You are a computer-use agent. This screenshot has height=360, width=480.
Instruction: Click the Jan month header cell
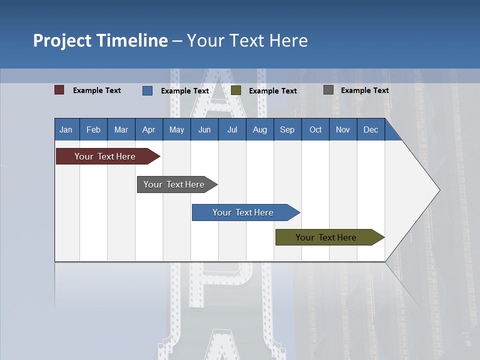coord(66,129)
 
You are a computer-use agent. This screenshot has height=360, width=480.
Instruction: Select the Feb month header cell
coord(93,129)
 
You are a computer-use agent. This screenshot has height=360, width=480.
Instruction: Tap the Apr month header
coord(149,129)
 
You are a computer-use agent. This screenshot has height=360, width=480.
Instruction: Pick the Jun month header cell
coord(204,129)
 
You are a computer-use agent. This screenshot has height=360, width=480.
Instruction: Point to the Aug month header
coord(260,129)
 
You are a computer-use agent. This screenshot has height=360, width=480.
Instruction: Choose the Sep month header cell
coord(287,129)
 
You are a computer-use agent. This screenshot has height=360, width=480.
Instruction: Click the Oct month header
coord(315,129)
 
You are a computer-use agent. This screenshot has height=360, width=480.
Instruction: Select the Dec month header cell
coord(371,129)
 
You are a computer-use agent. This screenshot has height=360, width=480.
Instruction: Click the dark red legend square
coord(59,90)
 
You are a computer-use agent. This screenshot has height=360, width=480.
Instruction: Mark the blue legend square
coord(147,90)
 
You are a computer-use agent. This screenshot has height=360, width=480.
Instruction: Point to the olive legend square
coord(236,90)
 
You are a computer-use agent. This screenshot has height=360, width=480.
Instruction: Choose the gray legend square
coord(328,90)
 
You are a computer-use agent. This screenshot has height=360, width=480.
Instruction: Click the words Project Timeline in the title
coord(100,40)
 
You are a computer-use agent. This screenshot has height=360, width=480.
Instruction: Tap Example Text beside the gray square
coord(365,90)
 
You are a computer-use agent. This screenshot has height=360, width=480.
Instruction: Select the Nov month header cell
coord(343,129)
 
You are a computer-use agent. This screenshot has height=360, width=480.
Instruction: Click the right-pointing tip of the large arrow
coord(437,190)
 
